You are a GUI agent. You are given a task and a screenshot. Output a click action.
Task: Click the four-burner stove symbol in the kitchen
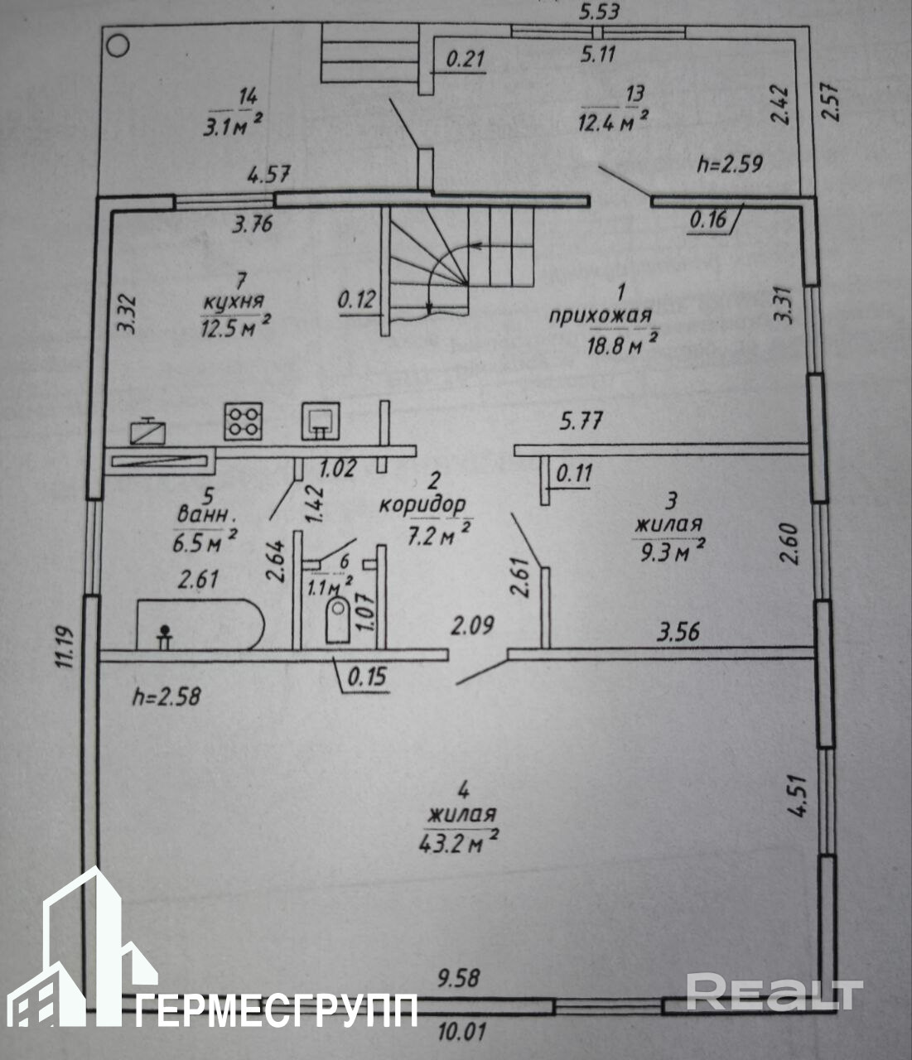click(243, 421)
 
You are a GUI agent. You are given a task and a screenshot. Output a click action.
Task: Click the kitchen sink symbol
click(320, 421)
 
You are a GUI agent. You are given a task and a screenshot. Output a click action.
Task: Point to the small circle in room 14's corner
click(118, 46)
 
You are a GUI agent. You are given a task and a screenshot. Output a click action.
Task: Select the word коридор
click(422, 503)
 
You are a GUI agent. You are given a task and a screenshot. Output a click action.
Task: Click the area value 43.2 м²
click(458, 841)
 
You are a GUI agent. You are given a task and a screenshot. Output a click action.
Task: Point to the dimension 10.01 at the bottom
click(458, 1033)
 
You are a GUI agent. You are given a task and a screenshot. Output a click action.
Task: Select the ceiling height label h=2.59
click(729, 162)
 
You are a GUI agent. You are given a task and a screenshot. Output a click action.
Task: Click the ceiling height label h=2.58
click(166, 696)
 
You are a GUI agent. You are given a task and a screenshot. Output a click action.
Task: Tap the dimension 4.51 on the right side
click(797, 794)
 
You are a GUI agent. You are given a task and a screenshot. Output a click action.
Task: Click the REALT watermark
click(774, 992)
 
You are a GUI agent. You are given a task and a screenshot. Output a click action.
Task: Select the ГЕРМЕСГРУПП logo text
click(277, 1010)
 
